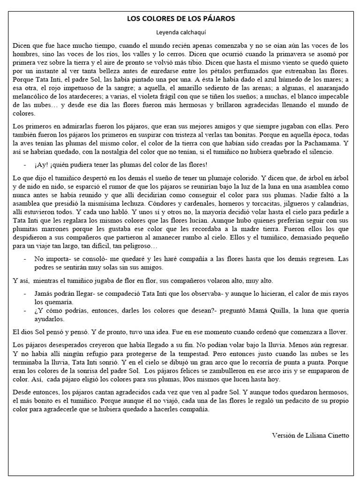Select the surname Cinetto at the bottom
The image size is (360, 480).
coord(336,435)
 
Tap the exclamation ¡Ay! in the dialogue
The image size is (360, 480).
coord(40,165)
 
